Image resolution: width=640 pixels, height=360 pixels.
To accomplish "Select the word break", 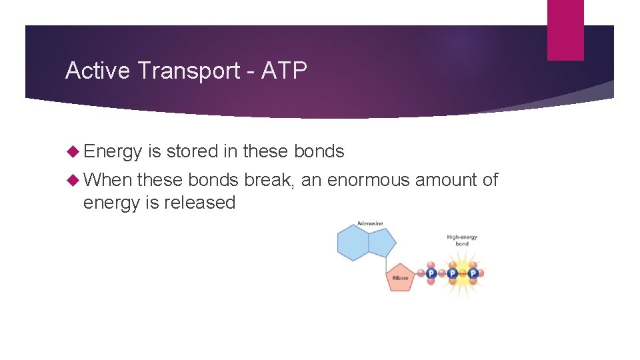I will [268, 180].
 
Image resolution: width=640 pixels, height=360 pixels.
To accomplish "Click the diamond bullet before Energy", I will [73, 152].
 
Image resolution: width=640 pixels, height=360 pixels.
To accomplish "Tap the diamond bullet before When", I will [73, 180].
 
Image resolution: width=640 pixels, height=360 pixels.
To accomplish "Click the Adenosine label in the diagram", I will [370, 223].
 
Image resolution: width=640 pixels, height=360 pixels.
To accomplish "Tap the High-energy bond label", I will [462, 240].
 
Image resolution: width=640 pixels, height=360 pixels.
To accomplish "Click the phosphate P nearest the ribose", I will [431, 273].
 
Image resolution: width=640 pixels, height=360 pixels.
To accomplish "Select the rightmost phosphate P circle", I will [473, 273].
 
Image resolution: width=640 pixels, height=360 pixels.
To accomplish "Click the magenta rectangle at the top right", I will [565, 30].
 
